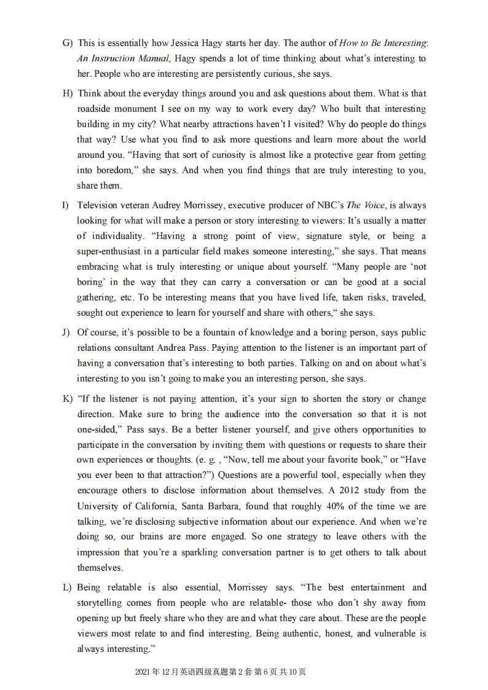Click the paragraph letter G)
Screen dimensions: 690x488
click(68, 43)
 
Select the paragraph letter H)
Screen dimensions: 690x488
click(68, 93)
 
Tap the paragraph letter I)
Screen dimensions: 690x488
click(66, 205)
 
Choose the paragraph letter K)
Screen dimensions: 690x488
click(68, 399)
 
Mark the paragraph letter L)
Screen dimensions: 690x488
click(68, 587)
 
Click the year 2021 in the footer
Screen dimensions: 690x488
click(142, 672)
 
